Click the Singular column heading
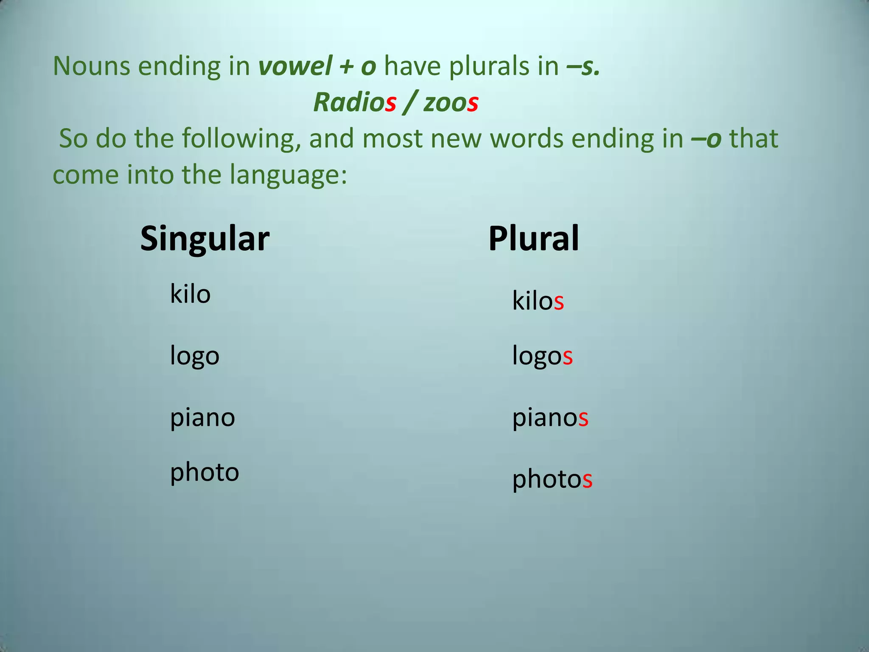tap(205, 239)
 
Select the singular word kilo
tap(190, 294)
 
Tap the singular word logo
tap(194, 356)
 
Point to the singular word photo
tap(205, 472)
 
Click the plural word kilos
tap(538, 301)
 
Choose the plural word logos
tap(542, 356)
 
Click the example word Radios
tap(355, 103)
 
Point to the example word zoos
tap(451, 103)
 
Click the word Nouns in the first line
tap(91, 67)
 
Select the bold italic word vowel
tap(295, 67)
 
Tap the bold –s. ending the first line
tap(583, 67)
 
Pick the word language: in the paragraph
tap(289, 175)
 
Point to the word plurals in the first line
tap(504, 67)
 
